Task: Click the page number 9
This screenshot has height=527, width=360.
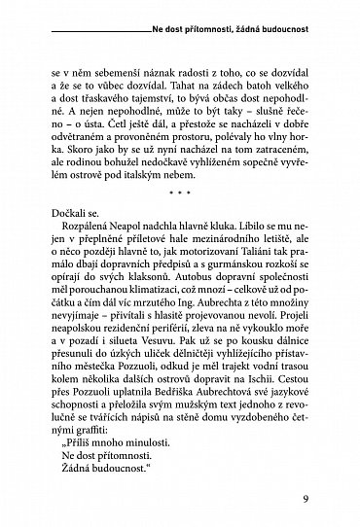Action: click(305, 502)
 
